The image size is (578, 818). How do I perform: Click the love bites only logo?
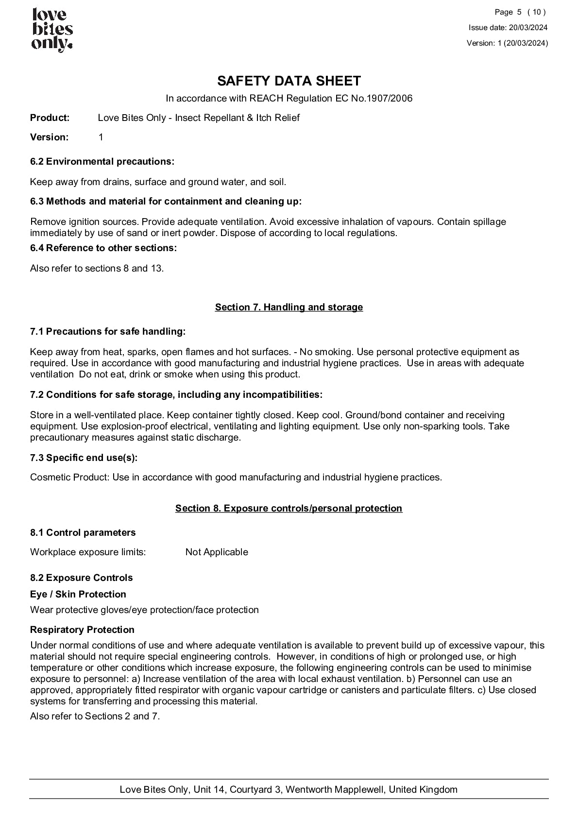pos(52,30)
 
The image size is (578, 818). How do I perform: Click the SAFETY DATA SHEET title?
pos(289,81)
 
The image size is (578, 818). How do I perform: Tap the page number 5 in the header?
pos(519,12)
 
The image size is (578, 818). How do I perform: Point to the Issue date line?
pos(508,28)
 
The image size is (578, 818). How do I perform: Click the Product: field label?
pos(50,118)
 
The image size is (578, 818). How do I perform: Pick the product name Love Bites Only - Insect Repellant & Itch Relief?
pos(198,118)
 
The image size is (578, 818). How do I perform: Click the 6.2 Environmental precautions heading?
pos(102,161)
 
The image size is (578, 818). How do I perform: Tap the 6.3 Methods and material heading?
pos(166,201)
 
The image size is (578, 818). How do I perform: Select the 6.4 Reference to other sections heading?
pos(103,248)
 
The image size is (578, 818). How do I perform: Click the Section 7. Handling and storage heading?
pos(289,307)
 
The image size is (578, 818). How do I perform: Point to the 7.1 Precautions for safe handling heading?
pos(108,331)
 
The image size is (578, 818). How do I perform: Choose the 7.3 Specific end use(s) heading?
pos(84,458)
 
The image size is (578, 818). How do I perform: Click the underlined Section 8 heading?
pos(289,508)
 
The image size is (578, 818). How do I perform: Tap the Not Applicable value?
pos(217,552)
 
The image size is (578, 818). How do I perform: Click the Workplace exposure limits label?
pos(88,552)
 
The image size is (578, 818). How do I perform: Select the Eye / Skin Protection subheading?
pos(78,594)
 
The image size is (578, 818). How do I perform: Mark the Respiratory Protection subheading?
pos(82,630)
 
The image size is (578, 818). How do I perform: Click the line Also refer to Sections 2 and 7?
pos(95,716)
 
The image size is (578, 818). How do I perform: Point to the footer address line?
pos(289,789)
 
